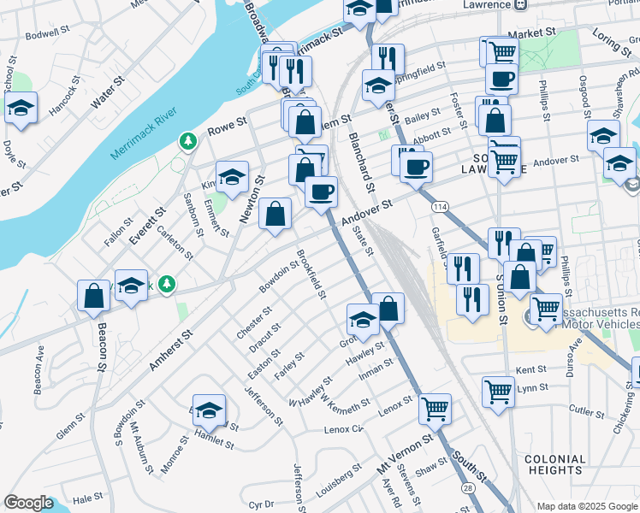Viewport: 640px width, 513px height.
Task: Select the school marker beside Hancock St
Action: tap(21, 109)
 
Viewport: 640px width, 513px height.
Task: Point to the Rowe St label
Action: tap(228, 132)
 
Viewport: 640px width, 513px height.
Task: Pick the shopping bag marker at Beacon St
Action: tap(93, 296)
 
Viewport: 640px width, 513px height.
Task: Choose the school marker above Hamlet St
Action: tap(209, 411)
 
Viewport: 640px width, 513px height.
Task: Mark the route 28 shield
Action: tap(468, 486)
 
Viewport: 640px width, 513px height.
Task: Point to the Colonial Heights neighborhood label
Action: tap(556, 465)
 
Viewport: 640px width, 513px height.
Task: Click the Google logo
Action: tap(28, 503)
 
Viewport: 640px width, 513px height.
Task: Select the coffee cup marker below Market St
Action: tap(501, 79)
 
